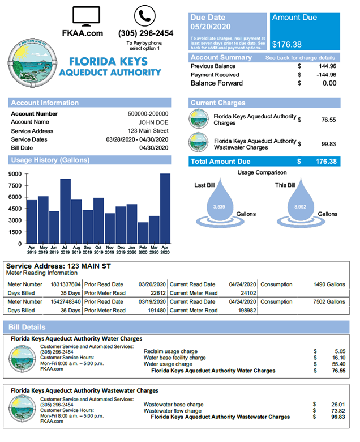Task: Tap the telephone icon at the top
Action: click(144, 15)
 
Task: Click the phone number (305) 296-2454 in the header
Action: click(146, 33)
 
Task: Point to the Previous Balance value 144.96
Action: click(325, 66)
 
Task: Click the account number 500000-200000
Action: click(148, 114)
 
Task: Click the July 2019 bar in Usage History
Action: click(65, 211)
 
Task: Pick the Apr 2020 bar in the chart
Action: click(165, 208)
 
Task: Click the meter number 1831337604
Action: click(66, 284)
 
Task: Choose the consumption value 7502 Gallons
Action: click(329, 302)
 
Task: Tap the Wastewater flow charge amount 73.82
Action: click(337, 411)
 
